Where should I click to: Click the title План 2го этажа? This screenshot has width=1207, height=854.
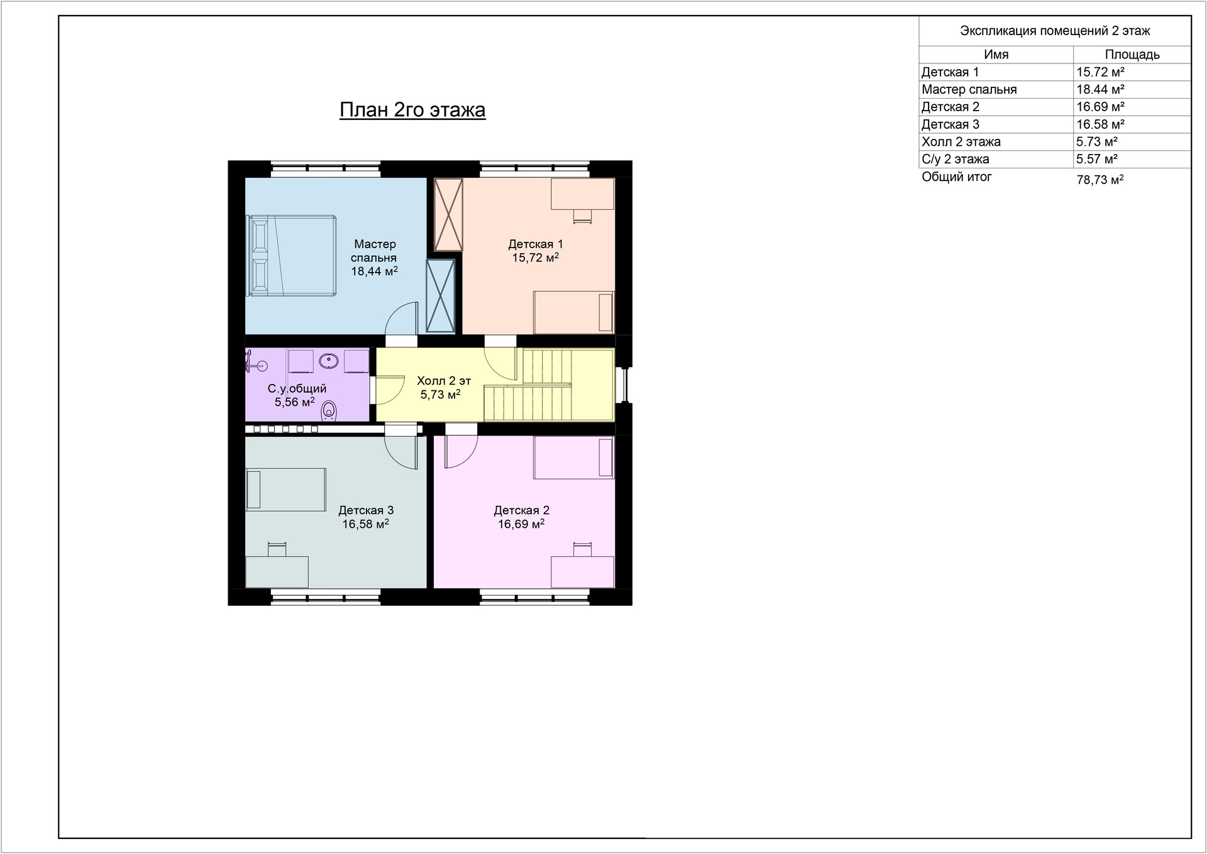click(412, 110)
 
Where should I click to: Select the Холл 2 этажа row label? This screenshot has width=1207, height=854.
click(961, 142)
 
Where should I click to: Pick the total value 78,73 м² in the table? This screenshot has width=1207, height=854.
click(1100, 180)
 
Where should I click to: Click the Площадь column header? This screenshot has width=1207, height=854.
click(1132, 55)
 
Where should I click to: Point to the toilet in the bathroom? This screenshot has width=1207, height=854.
click(329, 411)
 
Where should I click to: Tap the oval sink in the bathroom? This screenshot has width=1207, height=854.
click(329, 361)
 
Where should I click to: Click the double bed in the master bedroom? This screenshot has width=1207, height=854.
click(292, 255)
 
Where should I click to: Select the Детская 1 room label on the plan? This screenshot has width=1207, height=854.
click(536, 244)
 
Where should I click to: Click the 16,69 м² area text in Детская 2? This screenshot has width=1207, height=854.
click(521, 524)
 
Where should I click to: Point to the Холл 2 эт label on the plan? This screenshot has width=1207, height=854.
click(444, 381)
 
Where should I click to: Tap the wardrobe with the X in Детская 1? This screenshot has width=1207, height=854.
click(448, 215)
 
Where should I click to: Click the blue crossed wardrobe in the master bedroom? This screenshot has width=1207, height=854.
click(440, 295)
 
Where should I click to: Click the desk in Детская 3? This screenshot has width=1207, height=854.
click(277, 571)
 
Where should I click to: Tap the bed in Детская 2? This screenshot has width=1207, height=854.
click(573, 457)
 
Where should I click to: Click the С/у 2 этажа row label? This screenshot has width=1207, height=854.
click(956, 160)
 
